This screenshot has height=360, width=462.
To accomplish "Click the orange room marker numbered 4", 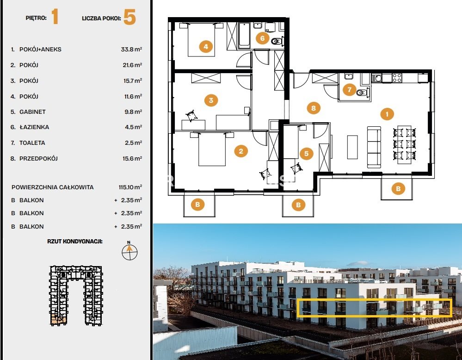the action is click(206, 47).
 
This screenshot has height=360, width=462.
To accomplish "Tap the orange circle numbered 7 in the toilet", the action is click(350, 89).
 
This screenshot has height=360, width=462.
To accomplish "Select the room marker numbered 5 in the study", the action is click(307, 153).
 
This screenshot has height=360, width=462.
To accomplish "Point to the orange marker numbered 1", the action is click(387, 114).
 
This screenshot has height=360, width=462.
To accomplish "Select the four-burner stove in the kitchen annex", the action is click(397, 78).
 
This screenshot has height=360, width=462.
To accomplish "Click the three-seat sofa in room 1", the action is click(374, 147).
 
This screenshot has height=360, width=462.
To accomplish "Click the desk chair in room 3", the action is click(191, 115).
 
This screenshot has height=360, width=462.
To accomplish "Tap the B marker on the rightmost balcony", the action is click(398, 188).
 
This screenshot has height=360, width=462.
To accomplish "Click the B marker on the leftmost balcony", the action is click(197, 205).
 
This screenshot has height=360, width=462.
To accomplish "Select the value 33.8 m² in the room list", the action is click(131, 49).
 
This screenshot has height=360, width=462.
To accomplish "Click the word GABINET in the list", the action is click(32, 112).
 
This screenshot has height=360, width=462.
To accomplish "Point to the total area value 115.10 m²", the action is click(130, 187).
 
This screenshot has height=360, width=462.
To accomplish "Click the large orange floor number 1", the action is click(55, 17).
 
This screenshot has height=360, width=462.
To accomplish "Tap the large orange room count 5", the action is click(129, 17).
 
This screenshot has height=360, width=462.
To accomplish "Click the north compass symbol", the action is click(129, 251).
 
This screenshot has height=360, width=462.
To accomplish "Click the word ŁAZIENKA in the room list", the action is click(34, 127).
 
